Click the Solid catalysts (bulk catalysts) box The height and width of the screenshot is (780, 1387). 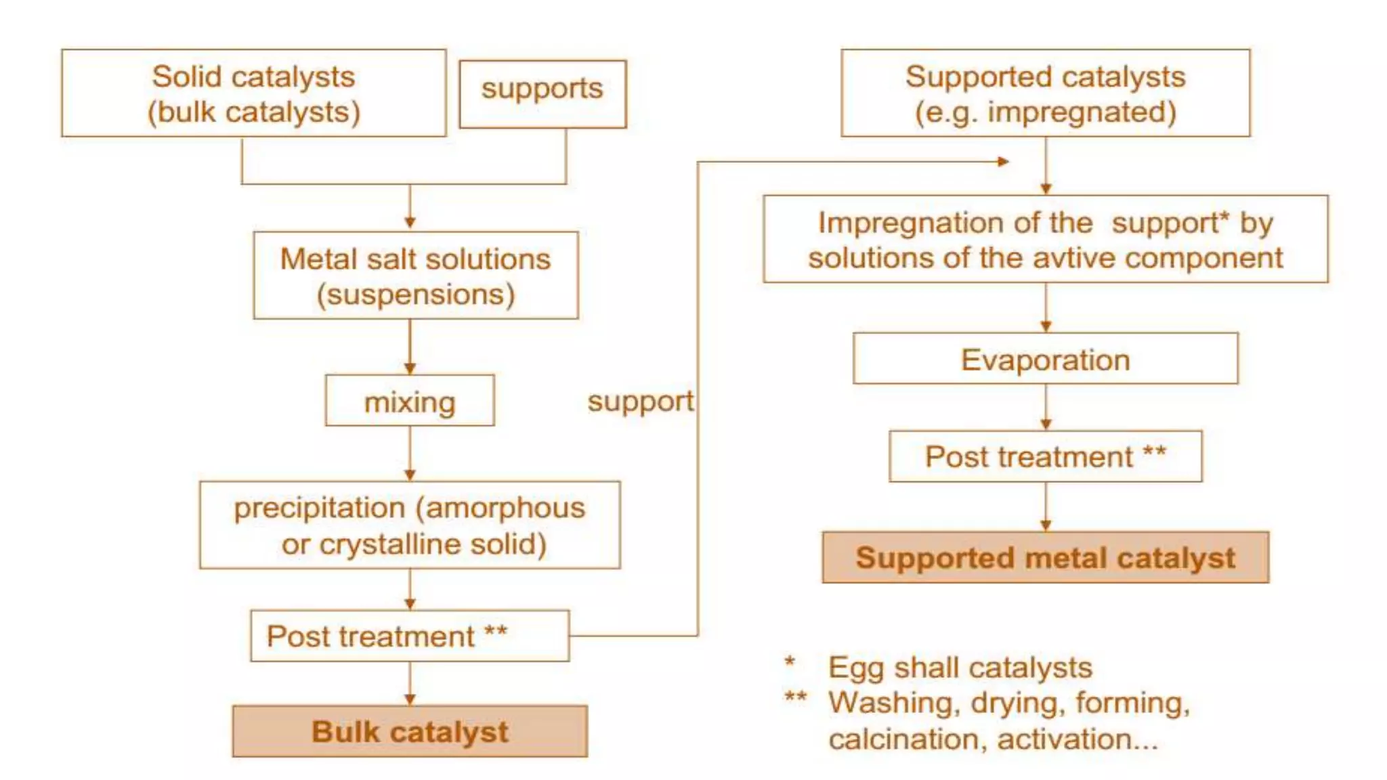click(x=253, y=93)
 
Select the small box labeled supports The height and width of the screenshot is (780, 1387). click(x=542, y=93)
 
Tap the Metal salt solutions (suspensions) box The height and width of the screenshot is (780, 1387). click(x=415, y=276)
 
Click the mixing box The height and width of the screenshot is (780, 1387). click(x=410, y=401)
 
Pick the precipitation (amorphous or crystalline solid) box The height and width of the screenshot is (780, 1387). click(x=410, y=525)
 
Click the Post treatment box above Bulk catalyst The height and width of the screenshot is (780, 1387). click(x=410, y=636)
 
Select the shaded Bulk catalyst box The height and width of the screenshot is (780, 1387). click(x=410, y=731)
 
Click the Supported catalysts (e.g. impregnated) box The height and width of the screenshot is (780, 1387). click(x=1045, y=93)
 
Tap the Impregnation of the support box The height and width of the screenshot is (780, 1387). click(x=1045, y=239)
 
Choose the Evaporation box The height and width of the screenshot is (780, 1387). click(x=1045, y=359)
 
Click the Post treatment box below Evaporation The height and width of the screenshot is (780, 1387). click(x=1045, y=456)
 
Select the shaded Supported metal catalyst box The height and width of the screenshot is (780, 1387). click(x=1045, y=557)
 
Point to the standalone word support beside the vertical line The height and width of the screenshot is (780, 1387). click(x=640, y=402)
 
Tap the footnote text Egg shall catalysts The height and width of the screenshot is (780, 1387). click(x=960, y=668)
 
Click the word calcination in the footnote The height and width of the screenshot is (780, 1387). click(x=907, y=739)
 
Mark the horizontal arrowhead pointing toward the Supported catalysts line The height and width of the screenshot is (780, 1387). click(x=1004, y=161)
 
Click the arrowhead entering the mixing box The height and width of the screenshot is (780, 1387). click(x=410, y=368)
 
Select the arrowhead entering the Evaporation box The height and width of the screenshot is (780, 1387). click(x=1046, y=326)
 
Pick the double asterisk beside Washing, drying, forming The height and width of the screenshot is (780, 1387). click(x=795, y=697)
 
